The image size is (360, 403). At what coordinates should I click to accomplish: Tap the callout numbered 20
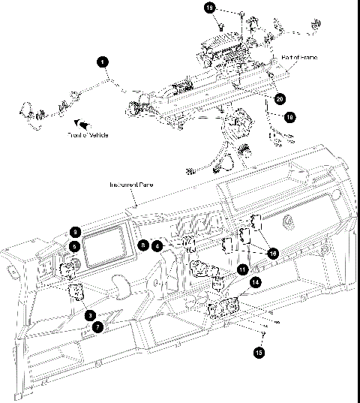(x=280, y=98)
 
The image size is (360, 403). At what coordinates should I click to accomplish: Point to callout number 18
(x=289, y=116)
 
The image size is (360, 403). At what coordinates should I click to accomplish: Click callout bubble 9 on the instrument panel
(x=75, y=232)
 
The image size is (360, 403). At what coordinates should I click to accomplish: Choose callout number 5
(x=75, y=245)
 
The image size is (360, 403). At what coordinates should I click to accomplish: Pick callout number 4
(x=157, y=245)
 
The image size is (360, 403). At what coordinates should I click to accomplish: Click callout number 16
(x=273, y=254)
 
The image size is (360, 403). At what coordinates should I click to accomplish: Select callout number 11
(x=242, y=269)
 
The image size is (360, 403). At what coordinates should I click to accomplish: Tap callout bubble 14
(x=256, y=283)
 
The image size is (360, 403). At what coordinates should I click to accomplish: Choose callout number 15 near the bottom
(x=259, y=350)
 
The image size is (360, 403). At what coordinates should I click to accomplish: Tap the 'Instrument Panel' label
(x=127, y=185)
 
